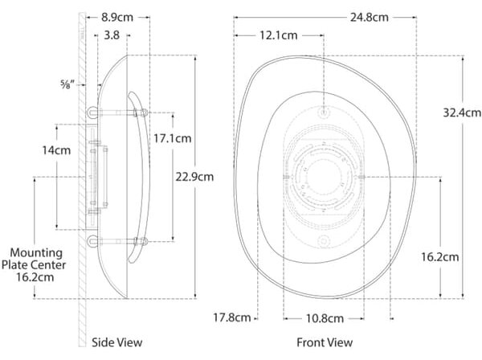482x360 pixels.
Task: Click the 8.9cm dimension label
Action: [x=117, y=18]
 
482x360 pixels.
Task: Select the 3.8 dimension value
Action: [x=112, y=35]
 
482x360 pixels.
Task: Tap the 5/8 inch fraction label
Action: [x=67, y=84]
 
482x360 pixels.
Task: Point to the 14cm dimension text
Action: [x=56, y=150]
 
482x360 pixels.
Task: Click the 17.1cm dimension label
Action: [x=173, y=139]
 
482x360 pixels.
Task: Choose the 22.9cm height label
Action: [x=194, y=177]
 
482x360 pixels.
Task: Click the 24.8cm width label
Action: [x=370, y=18]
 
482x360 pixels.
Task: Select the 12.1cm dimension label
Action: [x=279, y=35]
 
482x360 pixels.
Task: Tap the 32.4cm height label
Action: [x=462, y=112]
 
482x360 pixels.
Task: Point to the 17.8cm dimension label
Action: [x=232, y=317]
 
